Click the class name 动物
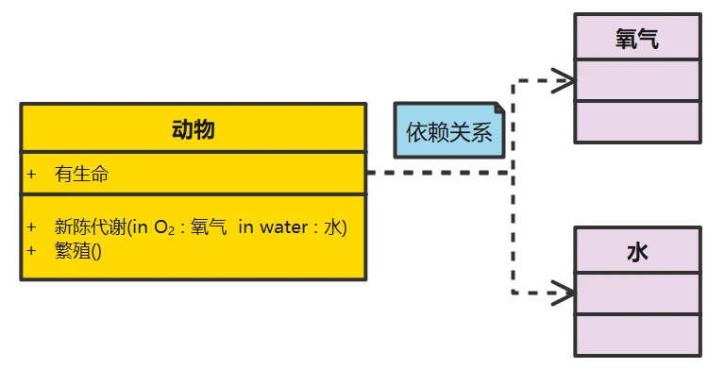click(x=193, y=129)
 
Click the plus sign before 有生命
click(x=32, y=174)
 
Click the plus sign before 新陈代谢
click(x=32, y=226)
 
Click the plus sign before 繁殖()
click(x=32, y=250)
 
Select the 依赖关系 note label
click(x=449, y=132)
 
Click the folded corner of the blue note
click(x=499, y=109)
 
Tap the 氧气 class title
click(x=637, y=39)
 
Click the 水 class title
click(x=637, y=252)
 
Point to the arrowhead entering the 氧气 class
click(x=565, y=79)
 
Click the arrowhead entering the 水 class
click(x=565, y=293)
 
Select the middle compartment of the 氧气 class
click(x=637, y=80)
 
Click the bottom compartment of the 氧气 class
click(x=637, y=121)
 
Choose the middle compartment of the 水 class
click(x=637, y=294)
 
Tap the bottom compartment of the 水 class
click(x=637, y=335)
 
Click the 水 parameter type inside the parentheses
click(x=332, y=226)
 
